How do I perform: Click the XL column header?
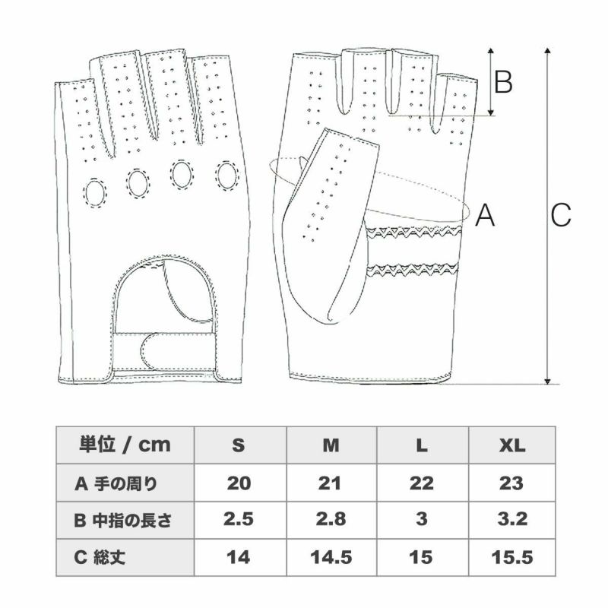(x=511, y=445)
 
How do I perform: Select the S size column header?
(x=239, y=445)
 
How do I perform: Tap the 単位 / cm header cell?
(x=125, y=445)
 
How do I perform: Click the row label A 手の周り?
(x=116, y=483)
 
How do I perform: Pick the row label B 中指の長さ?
(x=122, y=521)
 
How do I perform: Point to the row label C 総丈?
(x=100, y=557)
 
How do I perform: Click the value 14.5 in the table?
(x=331, y=558)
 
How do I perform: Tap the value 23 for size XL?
(x=511, y=483)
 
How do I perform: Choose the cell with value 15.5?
(x=512, y=558)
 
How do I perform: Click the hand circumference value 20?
(x=239, y=483)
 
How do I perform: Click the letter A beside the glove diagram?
(x=485, y=215)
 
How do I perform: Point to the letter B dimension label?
(x=503, y=82)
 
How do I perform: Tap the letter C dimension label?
(x=561, y=215)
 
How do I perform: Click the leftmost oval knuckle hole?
(x=94, y=193)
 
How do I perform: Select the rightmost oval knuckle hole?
(x=226, y=176)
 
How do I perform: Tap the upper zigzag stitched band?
(x=413, y=232)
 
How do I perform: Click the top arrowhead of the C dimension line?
(x=547, y=51)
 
